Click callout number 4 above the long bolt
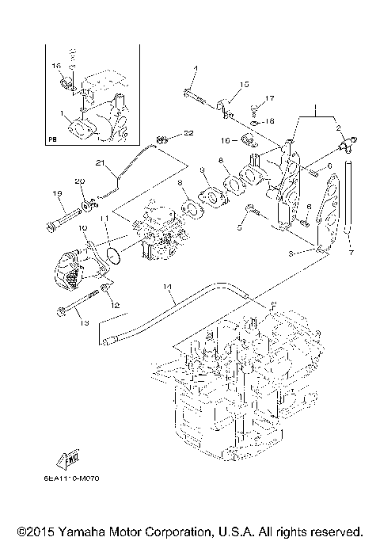192,70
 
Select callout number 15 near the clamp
244,84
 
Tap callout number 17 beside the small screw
269,99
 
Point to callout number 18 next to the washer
269,120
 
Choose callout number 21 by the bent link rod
101,163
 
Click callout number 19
57,193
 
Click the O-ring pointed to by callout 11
113,256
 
